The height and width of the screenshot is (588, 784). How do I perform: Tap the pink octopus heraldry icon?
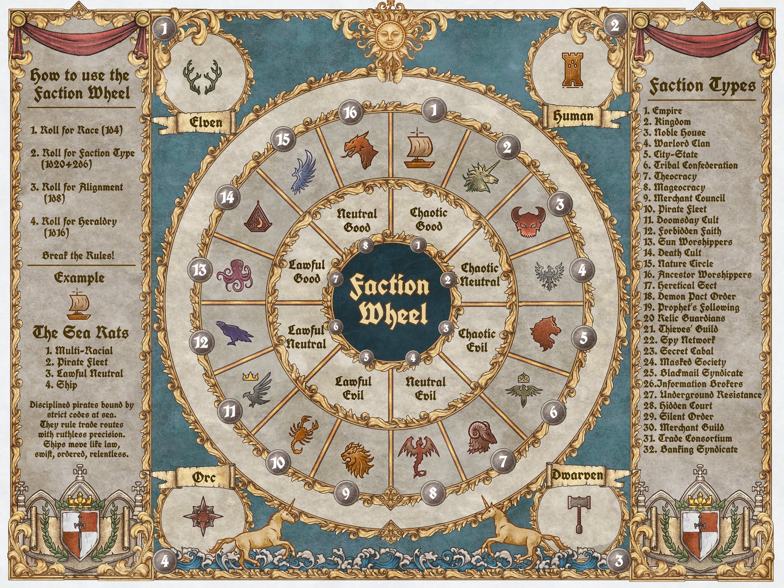coord(236,275)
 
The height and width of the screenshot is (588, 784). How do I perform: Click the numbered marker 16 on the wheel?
coord(351,113)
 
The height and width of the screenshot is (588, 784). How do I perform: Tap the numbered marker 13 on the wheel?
coord(199,270)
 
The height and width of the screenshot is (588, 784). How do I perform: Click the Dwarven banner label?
coord(577,475)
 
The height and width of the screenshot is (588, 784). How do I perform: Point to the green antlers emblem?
coord(201,78)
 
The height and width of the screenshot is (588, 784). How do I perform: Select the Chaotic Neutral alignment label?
coord(480,274)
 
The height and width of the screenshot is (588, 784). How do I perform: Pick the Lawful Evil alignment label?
coord(353,388)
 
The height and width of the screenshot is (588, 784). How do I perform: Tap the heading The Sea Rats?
coord(81,333)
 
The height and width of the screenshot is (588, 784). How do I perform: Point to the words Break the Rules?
coord(78,255)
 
